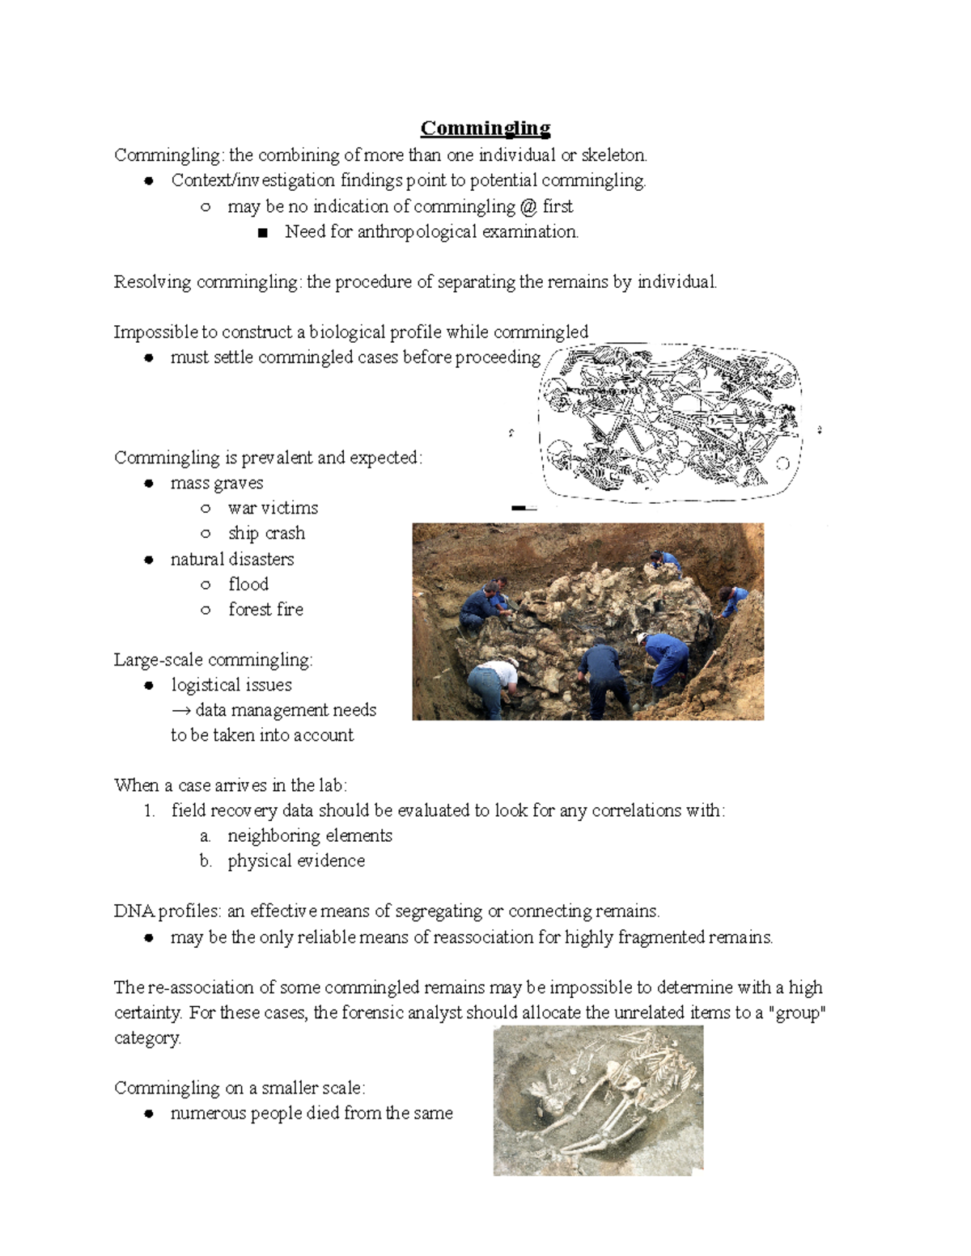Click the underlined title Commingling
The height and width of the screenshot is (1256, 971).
point(485,129)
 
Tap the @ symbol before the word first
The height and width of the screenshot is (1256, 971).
point(528,206)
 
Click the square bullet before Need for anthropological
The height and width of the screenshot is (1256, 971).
point(261,233)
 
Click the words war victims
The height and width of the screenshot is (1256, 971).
point(273,508)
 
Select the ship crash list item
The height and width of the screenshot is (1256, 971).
point(266,533)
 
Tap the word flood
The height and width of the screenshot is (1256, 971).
point(248,584)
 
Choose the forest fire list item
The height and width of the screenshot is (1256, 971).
point(265,609)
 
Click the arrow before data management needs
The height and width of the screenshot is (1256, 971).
point(181,710)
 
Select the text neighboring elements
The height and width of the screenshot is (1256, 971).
point(310,835)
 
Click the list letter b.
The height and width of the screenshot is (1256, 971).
point(206,861)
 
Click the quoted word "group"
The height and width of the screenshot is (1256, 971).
point(800,1013)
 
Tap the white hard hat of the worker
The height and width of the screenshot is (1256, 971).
point(642,637)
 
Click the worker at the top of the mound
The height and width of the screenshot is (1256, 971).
point(665,561)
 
